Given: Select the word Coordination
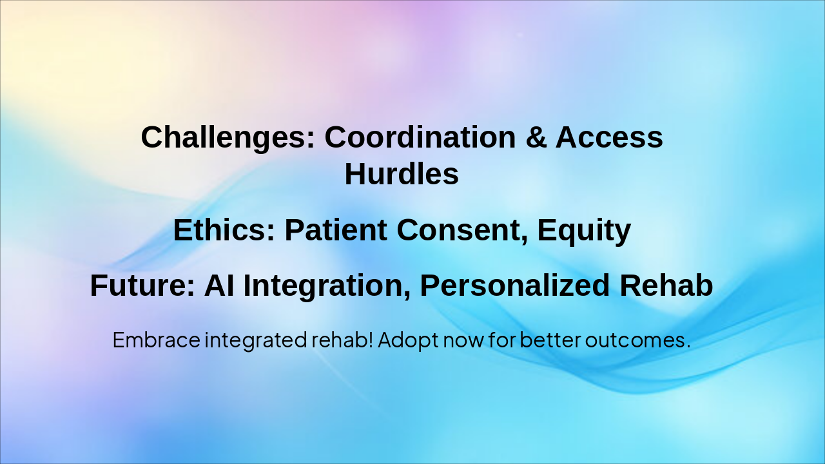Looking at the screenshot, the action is click(420, 137).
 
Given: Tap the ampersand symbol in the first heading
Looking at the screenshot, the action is click(536, 137).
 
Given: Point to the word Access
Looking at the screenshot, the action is click(609, 137).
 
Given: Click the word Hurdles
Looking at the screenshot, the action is click(402, 174).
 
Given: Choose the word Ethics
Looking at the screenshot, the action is click(224, 230).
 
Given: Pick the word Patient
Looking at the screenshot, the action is click(336, 230).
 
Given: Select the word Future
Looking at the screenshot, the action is click(142, 285).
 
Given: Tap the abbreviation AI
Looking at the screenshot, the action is click(219, 285).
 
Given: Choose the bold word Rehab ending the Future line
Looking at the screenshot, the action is click(666, 285).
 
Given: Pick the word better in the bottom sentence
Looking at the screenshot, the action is click(550, 340).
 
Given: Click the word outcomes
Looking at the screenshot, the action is click(637, 340).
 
